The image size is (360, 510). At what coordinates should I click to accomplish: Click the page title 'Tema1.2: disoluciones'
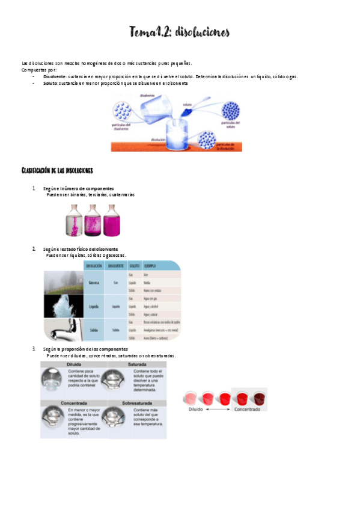[179, 32]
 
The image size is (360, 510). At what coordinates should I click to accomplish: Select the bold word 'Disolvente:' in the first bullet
[55, 76]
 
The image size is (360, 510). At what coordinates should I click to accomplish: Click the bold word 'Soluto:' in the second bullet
[50, 83]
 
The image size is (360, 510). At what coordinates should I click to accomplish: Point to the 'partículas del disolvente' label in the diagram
[123, 127]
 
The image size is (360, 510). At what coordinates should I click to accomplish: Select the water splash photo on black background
[63, 306]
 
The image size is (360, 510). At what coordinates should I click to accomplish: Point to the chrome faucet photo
[63, 330]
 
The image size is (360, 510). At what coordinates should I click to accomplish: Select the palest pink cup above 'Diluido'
[191, 398]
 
